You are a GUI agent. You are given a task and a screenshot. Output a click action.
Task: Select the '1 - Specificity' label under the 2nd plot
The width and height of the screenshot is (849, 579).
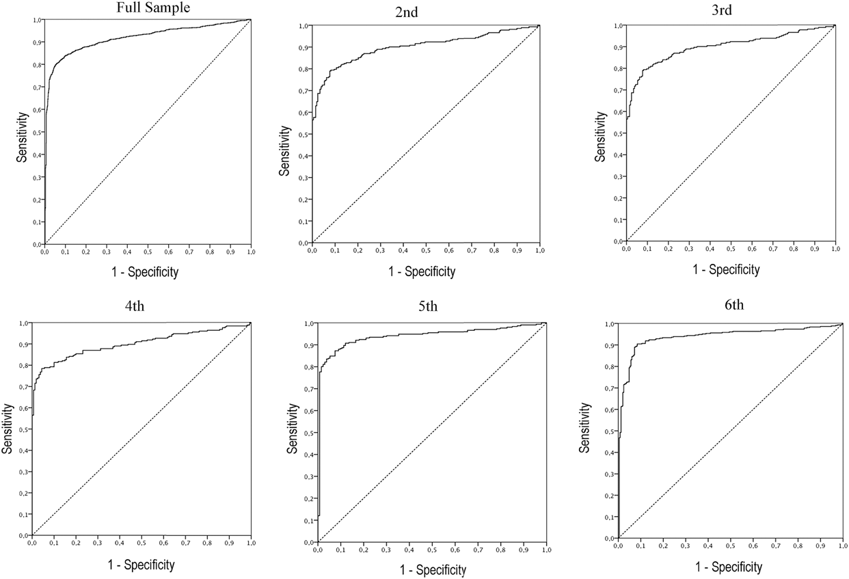pos(422,272)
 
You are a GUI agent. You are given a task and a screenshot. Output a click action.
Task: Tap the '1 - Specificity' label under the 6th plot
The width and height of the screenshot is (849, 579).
pos(728,567)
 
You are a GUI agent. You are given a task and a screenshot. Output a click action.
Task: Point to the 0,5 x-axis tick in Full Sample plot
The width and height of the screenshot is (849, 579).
pos(148,252)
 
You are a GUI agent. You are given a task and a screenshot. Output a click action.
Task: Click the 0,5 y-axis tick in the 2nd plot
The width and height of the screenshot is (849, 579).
pos(302,135)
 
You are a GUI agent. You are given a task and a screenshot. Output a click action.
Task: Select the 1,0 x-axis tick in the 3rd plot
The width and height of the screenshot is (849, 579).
pos(835,249)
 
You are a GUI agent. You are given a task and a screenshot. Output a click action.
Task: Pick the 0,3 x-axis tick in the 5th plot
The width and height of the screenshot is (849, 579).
pos(386,550)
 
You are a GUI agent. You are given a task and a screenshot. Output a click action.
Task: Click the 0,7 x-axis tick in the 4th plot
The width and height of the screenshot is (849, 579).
pos(186,543)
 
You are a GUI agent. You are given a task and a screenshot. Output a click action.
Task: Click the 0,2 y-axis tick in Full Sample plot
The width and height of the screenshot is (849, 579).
pos(35,200)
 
